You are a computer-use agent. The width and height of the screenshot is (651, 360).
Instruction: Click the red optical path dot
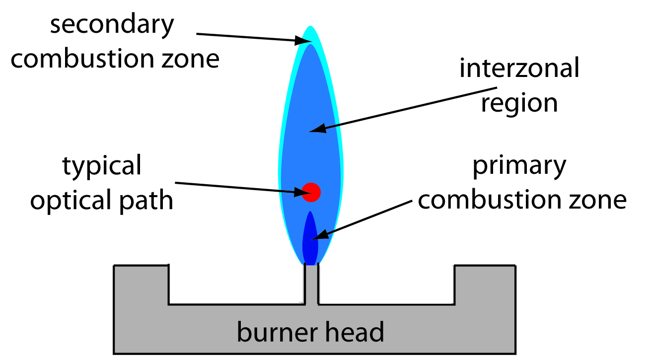tap(311, 192)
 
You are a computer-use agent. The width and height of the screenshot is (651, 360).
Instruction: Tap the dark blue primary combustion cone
tap(310, 238)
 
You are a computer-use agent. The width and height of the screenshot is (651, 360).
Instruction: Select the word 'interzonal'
tap(519, 69)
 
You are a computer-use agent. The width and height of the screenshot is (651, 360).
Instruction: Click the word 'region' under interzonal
tap(519, 103)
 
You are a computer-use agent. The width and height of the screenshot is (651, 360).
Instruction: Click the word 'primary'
tap(519, 166)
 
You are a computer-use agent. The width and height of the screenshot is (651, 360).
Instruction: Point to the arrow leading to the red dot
tap(238, 187)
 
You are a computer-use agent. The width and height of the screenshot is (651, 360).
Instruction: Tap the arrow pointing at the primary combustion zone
tap(367, 218)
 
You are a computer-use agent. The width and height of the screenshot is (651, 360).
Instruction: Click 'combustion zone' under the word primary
tap(521, 200)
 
